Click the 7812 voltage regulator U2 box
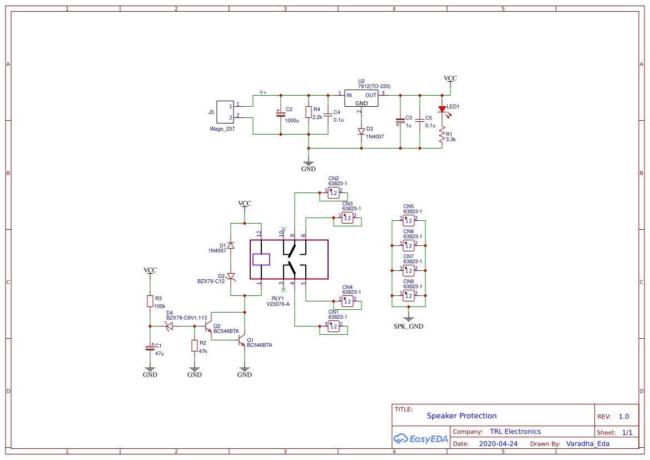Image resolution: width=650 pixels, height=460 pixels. coord(361,98)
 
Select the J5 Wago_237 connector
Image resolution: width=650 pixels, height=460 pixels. coord(225,111)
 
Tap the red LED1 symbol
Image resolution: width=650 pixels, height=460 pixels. coord(442,110)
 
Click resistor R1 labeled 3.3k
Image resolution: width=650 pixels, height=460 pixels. coord(441,136)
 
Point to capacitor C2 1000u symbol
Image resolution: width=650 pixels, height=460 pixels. coord(280,113)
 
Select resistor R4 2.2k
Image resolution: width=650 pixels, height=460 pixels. coord(309,113)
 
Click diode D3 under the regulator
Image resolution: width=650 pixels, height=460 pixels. coord(361,132)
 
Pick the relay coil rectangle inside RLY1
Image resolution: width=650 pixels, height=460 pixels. coord(261,259)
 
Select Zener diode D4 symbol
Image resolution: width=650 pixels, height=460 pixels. coord(170,326)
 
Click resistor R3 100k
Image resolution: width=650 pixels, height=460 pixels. coord(150,301)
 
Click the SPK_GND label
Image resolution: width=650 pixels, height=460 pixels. coord(408,327)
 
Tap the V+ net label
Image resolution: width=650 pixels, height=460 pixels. coord(263,92)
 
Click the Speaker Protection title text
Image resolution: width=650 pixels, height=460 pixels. coord(462,416)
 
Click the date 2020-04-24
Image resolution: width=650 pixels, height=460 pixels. coord(498,444)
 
